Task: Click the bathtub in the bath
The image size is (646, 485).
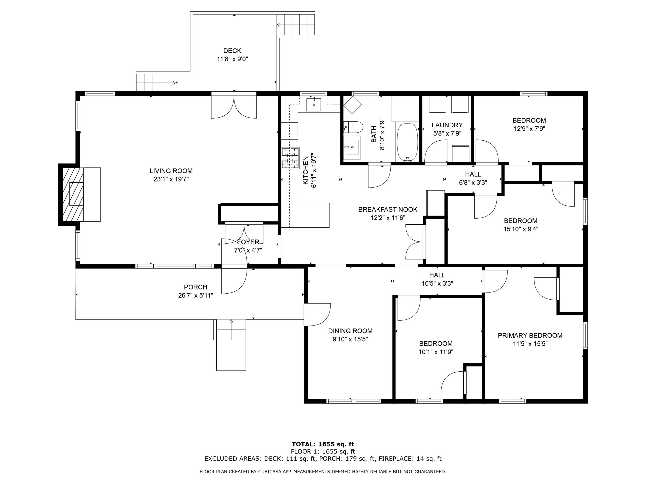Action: pyautogui.click(x=407, y=142)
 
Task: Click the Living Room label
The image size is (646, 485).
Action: pyautogui.click(x=171, y=171)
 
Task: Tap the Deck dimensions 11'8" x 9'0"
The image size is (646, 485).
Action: pyautogui.click(x=233, y=59)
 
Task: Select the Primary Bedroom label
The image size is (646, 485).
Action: pyautogui.click(x=530, y=335)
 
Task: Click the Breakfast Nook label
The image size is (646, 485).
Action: pyautogui.click(x=388, y=209)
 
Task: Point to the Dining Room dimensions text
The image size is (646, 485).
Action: pyautogui.click(x=350, y=339)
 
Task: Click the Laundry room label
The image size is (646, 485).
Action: pyautogui.click(x=447, y=125)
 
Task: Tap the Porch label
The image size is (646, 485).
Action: pyautogui.click(x=196, y=287)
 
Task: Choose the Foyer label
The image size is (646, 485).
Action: pyautogui.click(x=248, y=242)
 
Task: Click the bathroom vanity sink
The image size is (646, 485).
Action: pyautogui.click(x=352, y=147)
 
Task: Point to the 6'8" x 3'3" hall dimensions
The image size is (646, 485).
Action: pyautogui.click(x=473, y=182)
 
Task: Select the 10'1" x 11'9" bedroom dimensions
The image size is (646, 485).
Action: pyautogui.click(x=436, y=352)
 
